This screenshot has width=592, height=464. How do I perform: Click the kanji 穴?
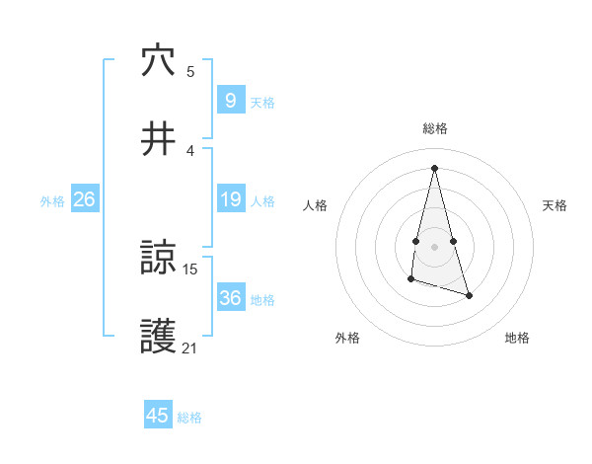point(158,61)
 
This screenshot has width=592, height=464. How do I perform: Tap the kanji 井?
point(158,139)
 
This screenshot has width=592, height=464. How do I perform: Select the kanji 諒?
point(158,259)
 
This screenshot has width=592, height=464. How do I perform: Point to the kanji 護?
point(158,337)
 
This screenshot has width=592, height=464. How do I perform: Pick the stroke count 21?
point(190,347)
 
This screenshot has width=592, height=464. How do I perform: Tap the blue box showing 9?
point(230,101)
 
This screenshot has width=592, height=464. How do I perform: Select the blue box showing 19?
point(230,199)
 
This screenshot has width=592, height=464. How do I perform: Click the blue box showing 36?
point(230,298)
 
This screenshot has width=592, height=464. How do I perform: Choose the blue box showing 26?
point(84,199)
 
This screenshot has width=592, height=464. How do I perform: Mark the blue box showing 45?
point(158,416)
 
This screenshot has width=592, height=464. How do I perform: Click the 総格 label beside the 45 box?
point(189,418)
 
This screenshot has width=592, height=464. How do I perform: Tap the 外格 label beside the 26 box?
point(52,200)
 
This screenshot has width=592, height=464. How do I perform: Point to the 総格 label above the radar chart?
point(435,128)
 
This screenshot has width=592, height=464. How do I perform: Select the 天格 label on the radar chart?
point(555,205)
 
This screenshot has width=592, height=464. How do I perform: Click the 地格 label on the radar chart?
point(517,338)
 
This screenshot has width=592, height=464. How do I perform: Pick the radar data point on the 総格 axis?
point(435,167)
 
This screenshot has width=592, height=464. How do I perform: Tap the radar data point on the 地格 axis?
point(469,295)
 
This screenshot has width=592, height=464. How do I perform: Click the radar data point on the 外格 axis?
point(410,280)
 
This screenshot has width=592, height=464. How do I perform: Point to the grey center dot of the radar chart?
point(435,246)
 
